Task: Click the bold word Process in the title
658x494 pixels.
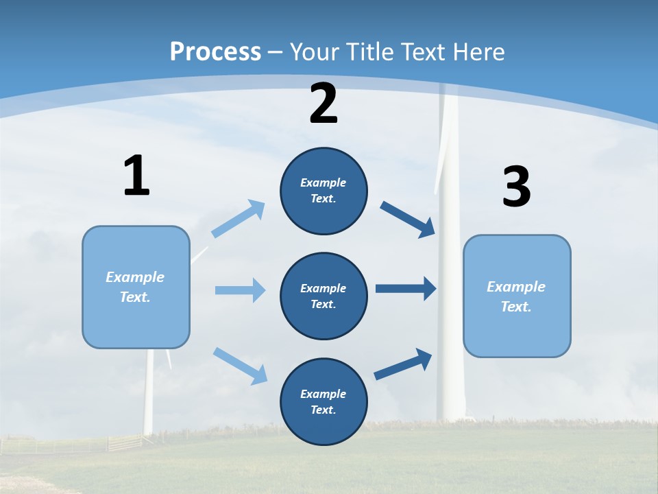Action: point(215,51)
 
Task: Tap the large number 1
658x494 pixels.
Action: point(136,176)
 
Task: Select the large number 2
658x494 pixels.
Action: point(324,104)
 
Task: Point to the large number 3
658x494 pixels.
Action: point(516,187)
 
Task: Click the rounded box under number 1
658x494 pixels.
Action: point(136,287)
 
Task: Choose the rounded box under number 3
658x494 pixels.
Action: point(517,296)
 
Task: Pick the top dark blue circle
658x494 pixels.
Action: point(324,191)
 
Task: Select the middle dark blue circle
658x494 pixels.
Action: point(324,296)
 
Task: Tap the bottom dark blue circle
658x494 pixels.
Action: point(324,401)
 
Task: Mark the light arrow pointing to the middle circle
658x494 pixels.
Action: point(240,290)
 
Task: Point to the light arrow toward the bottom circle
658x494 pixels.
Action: point(240,366)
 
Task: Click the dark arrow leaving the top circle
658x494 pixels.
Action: point(408,219)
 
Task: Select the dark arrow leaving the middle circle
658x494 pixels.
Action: point(406,288)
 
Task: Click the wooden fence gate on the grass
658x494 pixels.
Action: point(124,442)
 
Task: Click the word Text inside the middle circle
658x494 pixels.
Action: point(322,304)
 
